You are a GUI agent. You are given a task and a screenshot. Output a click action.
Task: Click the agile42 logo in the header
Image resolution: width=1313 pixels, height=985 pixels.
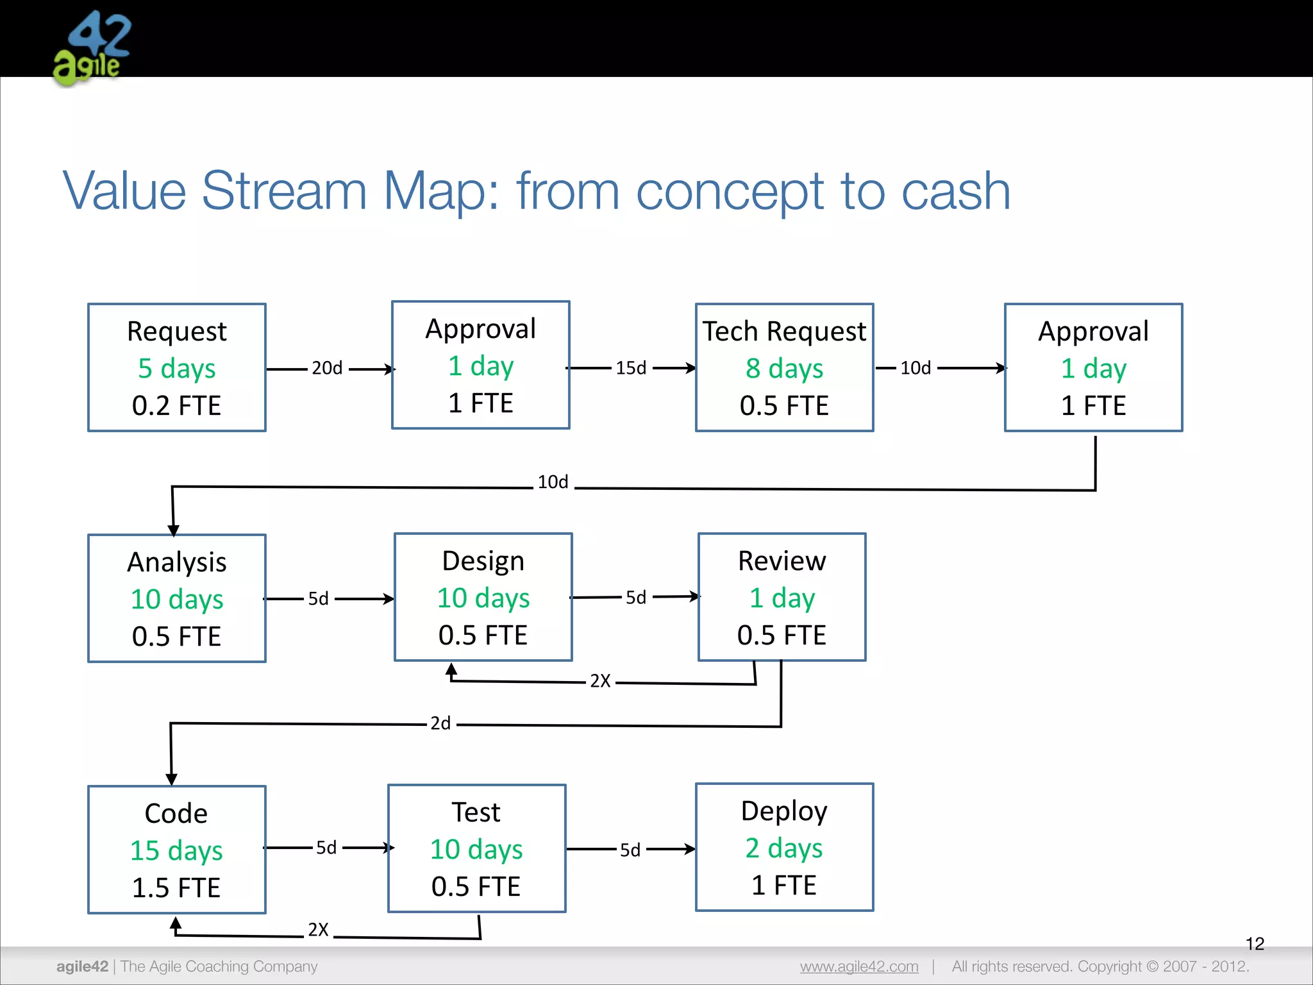point(92,49)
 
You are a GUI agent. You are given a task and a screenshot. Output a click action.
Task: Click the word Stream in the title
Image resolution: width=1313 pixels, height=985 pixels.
point(283,191)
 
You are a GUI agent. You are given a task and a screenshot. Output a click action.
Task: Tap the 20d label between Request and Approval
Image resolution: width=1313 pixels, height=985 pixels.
point(327,368)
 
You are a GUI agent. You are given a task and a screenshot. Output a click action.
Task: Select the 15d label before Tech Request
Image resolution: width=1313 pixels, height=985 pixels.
point(631,368)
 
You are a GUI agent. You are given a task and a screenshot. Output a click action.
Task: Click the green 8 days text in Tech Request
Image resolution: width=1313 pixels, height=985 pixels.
point(784,369)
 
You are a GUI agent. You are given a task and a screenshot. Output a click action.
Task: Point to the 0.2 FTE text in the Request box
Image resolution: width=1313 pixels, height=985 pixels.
point(176,405)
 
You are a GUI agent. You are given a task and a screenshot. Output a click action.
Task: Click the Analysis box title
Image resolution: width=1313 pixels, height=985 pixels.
point(177,562)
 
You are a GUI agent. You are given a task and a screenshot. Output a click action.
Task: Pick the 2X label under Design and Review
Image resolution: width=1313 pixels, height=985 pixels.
point(600,681)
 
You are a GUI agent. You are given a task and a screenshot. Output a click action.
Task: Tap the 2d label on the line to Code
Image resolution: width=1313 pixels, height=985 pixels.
point(440,723)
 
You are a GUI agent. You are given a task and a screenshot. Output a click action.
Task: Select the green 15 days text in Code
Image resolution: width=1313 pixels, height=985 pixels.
point(176,851)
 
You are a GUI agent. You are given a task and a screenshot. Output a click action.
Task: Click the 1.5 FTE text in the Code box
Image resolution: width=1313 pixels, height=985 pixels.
point(176,888)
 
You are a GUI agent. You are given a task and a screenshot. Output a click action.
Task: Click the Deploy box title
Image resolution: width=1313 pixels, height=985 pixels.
point(784,811)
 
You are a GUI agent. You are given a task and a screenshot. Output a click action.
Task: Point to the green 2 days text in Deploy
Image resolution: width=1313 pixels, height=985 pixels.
point(784,848)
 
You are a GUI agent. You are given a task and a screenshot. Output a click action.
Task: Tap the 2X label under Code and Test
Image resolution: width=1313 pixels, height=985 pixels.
point(318,930)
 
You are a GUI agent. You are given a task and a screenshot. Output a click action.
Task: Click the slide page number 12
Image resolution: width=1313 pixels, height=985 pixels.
point(1255,944)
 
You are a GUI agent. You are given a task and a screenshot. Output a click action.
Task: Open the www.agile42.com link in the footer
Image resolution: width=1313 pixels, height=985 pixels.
point(859,966)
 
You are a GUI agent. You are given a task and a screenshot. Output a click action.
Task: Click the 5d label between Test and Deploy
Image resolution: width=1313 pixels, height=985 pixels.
point(630,850)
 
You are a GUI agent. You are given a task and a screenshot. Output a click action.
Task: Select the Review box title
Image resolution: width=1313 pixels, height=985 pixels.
point(782,561)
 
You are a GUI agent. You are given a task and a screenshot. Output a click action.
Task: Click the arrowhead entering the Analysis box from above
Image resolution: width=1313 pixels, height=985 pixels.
point(173,530)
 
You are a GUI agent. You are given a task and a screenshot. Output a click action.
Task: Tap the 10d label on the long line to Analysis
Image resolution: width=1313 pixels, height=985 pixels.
point(553,482)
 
